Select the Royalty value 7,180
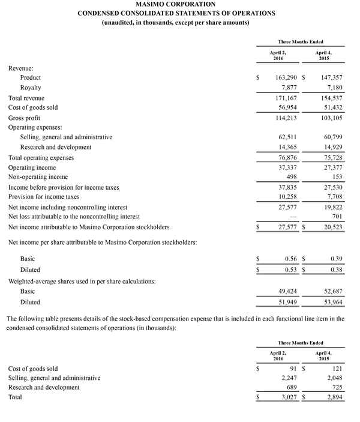click(333, 88)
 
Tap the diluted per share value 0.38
click(335, 270)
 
